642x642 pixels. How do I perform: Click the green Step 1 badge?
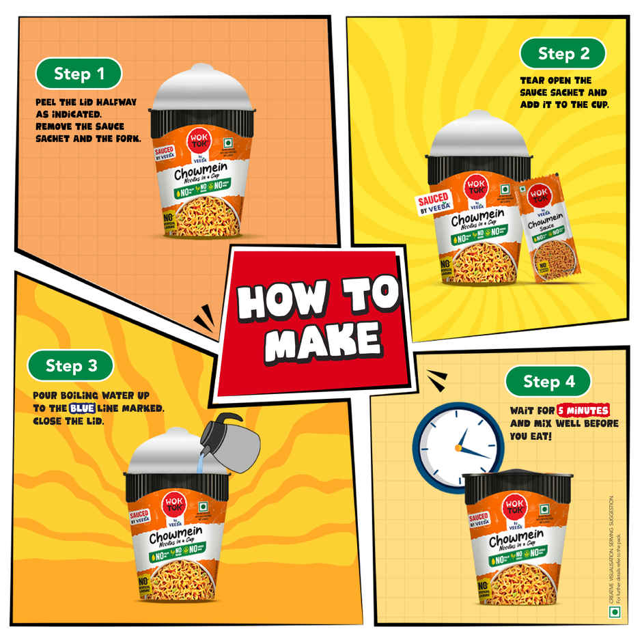pos(79,74)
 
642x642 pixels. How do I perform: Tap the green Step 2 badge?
pos(563,53)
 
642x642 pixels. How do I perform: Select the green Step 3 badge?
pos(71,365)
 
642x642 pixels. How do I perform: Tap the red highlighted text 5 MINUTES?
pos(583,411)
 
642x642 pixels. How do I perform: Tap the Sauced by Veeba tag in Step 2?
pos(433,203)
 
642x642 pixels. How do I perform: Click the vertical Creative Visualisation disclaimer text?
pos(612,546)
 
